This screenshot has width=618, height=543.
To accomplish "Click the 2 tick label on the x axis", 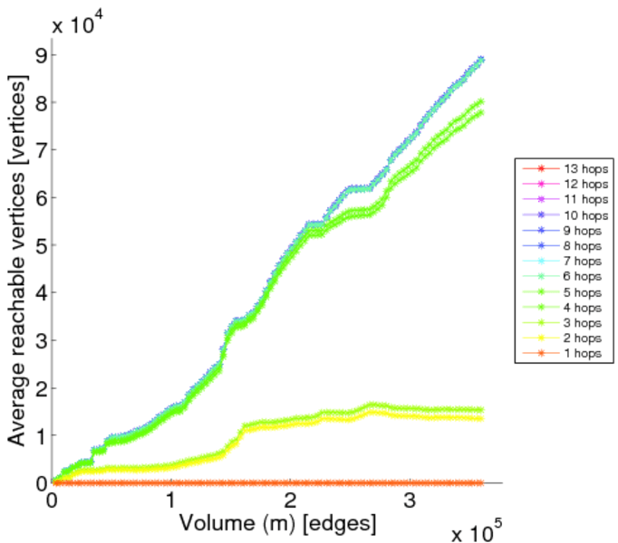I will pos(290,500).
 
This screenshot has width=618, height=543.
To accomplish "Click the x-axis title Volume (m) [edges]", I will pos(277,523).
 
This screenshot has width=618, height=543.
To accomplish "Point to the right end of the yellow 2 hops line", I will pos(480,418).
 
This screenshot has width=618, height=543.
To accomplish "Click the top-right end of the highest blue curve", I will pos(481,59).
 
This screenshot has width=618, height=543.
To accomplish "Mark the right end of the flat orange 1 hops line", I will pos(480,483).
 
